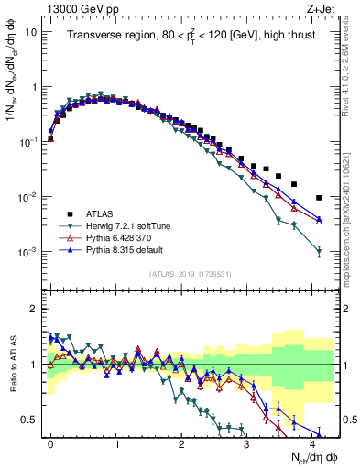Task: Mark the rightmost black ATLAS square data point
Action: pyautogui.click(x=319, y=198)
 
